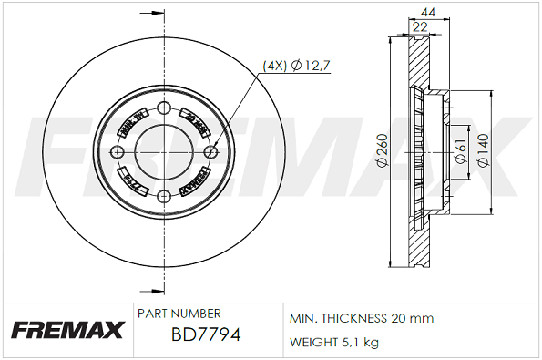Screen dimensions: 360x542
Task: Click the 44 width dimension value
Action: point(426,12)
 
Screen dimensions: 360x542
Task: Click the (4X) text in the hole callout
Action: point(274,65)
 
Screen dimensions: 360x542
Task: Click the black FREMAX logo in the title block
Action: point(66,330)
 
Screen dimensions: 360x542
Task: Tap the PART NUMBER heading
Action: point(179,313)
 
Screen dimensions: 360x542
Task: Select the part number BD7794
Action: point(206,335)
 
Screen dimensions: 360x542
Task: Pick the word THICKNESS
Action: point(357,319)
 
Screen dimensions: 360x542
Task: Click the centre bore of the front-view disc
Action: point(164,152)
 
